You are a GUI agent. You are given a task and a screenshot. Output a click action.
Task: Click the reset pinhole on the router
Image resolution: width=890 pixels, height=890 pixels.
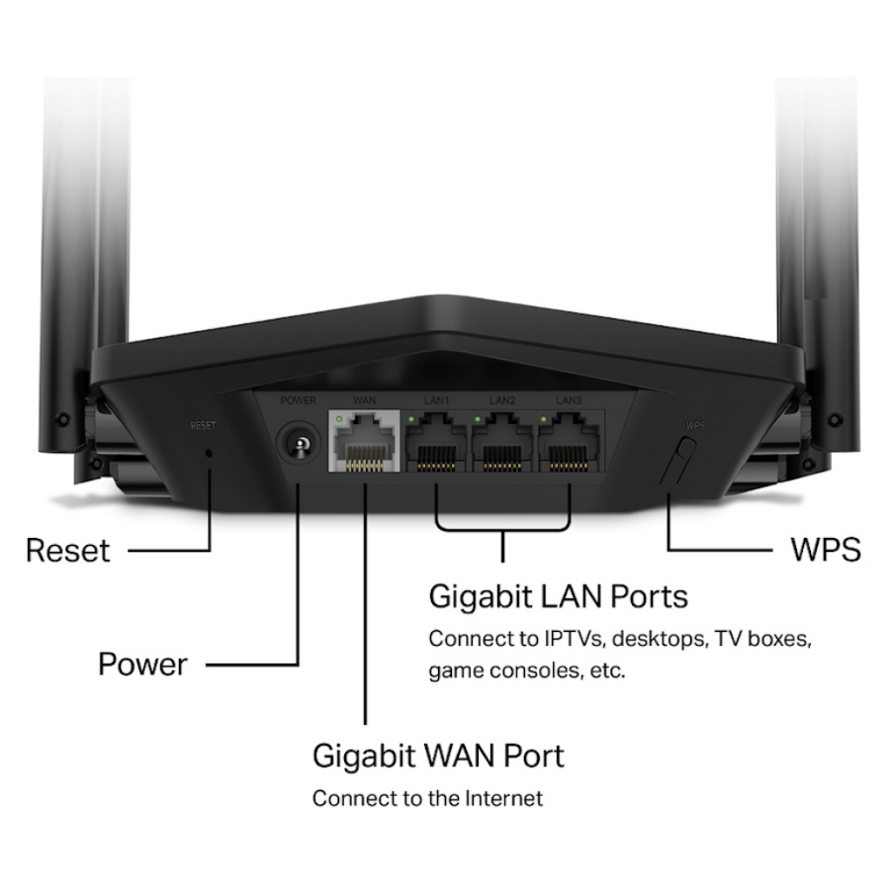tap(209, 452)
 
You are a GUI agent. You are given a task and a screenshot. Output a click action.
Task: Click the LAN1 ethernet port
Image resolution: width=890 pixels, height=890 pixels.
tap(436, 443)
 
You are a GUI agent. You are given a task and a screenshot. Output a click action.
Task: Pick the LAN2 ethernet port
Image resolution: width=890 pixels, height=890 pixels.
tap(502, 443)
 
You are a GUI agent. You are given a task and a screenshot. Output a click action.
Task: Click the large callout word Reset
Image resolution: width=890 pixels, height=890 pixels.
tap(68, 550)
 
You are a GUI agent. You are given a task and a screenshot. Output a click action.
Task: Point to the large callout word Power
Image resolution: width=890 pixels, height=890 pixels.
tap(142, 665)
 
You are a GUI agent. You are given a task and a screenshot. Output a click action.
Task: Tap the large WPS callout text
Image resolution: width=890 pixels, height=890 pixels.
tap(825, 550)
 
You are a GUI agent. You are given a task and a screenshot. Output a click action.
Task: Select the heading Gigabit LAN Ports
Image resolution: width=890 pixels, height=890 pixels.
tap(558, 597)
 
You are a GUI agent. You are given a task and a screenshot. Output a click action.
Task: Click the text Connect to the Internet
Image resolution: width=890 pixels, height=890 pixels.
tap(427, 798)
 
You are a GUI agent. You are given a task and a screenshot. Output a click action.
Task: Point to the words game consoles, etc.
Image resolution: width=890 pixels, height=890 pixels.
tap(526, 672)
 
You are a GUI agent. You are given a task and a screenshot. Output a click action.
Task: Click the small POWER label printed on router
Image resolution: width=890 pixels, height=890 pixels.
tap(298, 401)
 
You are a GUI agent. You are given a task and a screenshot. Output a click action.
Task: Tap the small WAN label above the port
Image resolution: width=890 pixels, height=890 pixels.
tap(364, 401)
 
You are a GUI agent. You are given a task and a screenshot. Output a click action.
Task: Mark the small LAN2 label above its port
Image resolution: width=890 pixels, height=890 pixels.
tap(502, 401)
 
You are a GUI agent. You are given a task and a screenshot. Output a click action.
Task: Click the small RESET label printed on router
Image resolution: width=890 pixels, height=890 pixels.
tap(203, 426)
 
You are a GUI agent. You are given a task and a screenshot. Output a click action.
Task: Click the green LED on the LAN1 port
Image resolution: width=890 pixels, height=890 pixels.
tap(411, 421)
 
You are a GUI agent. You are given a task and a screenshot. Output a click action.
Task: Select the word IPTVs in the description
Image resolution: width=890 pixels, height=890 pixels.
tap(575, 640)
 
